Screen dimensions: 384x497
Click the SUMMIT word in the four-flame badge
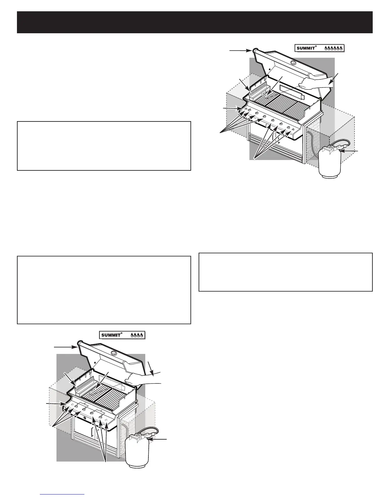pos(111,335)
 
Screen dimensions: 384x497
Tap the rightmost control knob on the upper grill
pos(292,130)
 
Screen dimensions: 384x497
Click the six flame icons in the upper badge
pos(334,48)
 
